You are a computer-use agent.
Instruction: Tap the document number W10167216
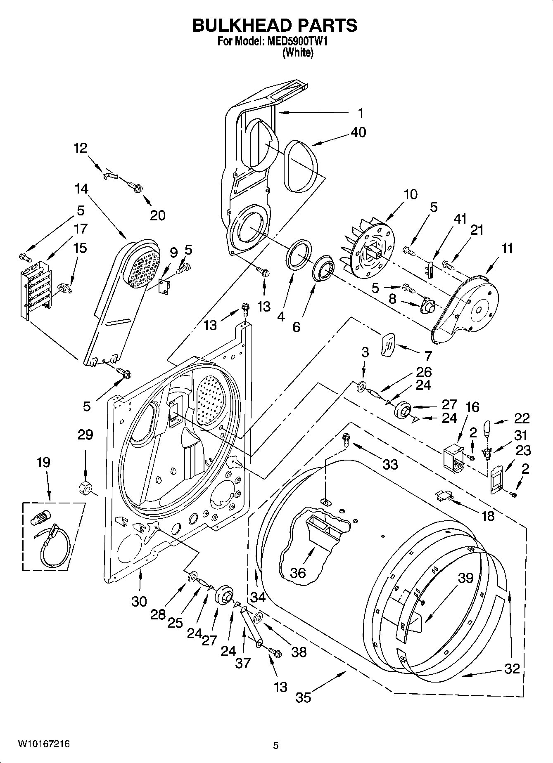pyautogui.click(x=43, y=744)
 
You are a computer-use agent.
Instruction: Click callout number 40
pyautogui.click(x=358, y=132)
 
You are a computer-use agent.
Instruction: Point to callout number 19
pyautogui.click(x=44, y=462)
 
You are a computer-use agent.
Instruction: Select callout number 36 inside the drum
pyautogui.click(x=298, y=573)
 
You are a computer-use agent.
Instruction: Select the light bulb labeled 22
pyautogui.click(x=488, y=428)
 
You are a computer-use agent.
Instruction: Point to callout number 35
pyautogui.click(x=304, y=697)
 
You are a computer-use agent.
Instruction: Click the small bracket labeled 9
pyautogui.click(x=166, y=286)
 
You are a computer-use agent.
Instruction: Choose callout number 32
pyautogui.click(x=512, y=669)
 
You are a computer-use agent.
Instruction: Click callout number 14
pyautogui.click(x=81, y=189)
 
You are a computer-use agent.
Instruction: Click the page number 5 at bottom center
pyautogui.click(x=276, y=746)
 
